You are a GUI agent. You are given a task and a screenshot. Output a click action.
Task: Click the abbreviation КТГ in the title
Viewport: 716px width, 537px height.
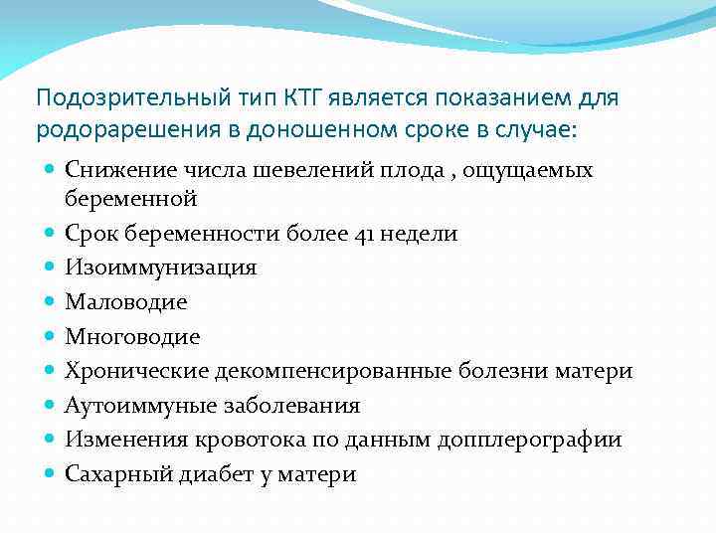[x=287, y=99]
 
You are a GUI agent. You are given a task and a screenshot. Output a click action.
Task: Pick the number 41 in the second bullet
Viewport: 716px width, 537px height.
[x=365, y=234]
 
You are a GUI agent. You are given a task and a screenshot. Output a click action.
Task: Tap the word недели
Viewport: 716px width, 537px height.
[x=420, y=234]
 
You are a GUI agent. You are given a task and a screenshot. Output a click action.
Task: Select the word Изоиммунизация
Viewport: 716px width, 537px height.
[x=161, y=268]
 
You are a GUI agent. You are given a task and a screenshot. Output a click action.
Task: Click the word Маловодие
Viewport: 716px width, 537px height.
[x=125, y=302]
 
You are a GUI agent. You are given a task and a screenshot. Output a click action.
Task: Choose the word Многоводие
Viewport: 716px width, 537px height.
[x=132, y=337]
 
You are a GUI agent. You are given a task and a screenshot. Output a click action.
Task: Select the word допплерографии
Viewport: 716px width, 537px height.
[x=538, y=440]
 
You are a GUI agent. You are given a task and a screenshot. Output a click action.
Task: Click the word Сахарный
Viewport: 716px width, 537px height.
[x=110, y=474]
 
